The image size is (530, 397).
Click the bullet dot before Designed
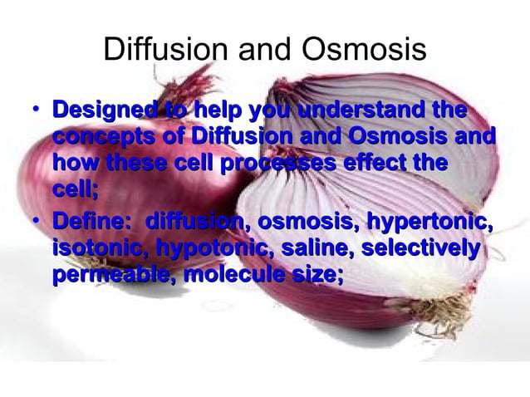(31, 111)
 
